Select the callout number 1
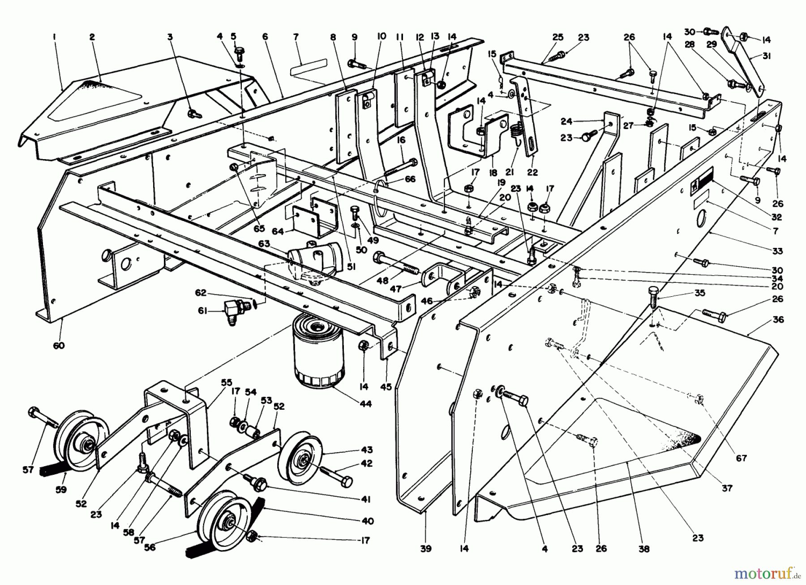pos(54,38)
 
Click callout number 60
pos(59,345)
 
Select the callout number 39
pos(426,548)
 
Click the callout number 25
pos(557,38)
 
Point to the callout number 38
pos(643,548)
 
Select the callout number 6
pos(266,37)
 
